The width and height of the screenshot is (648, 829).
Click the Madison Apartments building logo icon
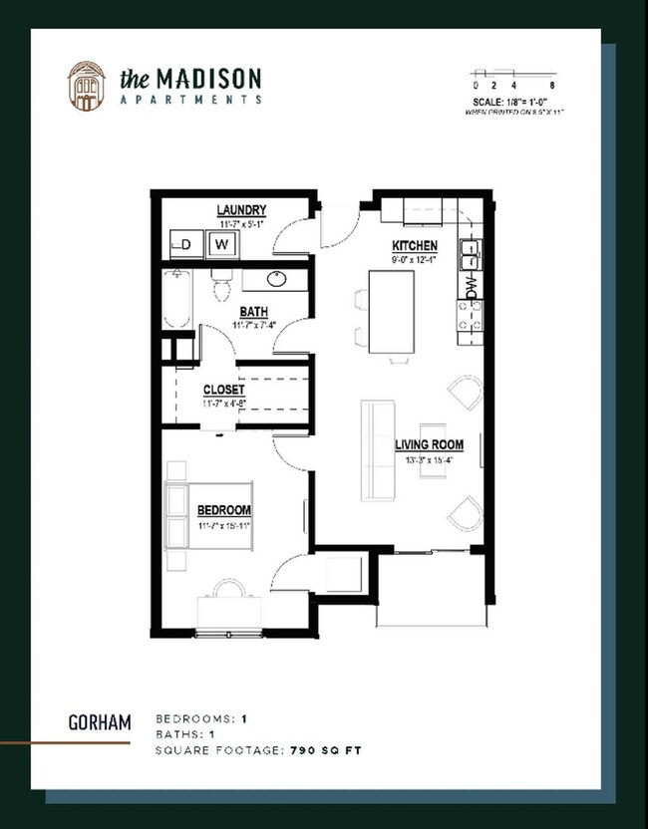(x=86, y=86)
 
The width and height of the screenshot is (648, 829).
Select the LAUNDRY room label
(x=241, y=210)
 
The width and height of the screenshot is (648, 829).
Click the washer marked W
(x=222, y=244)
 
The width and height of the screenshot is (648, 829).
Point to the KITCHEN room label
(x=414, y=245)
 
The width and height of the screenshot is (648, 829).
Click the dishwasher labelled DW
(x=472, y=286)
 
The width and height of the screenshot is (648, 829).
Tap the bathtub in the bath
(x=177, y=298)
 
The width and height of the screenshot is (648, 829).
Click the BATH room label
(x=253, y=313)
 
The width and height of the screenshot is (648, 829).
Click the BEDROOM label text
(x=223, y=511)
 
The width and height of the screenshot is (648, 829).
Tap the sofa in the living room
(x=377, y=450)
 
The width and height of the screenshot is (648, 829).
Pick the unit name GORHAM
(x=100, y=722)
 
